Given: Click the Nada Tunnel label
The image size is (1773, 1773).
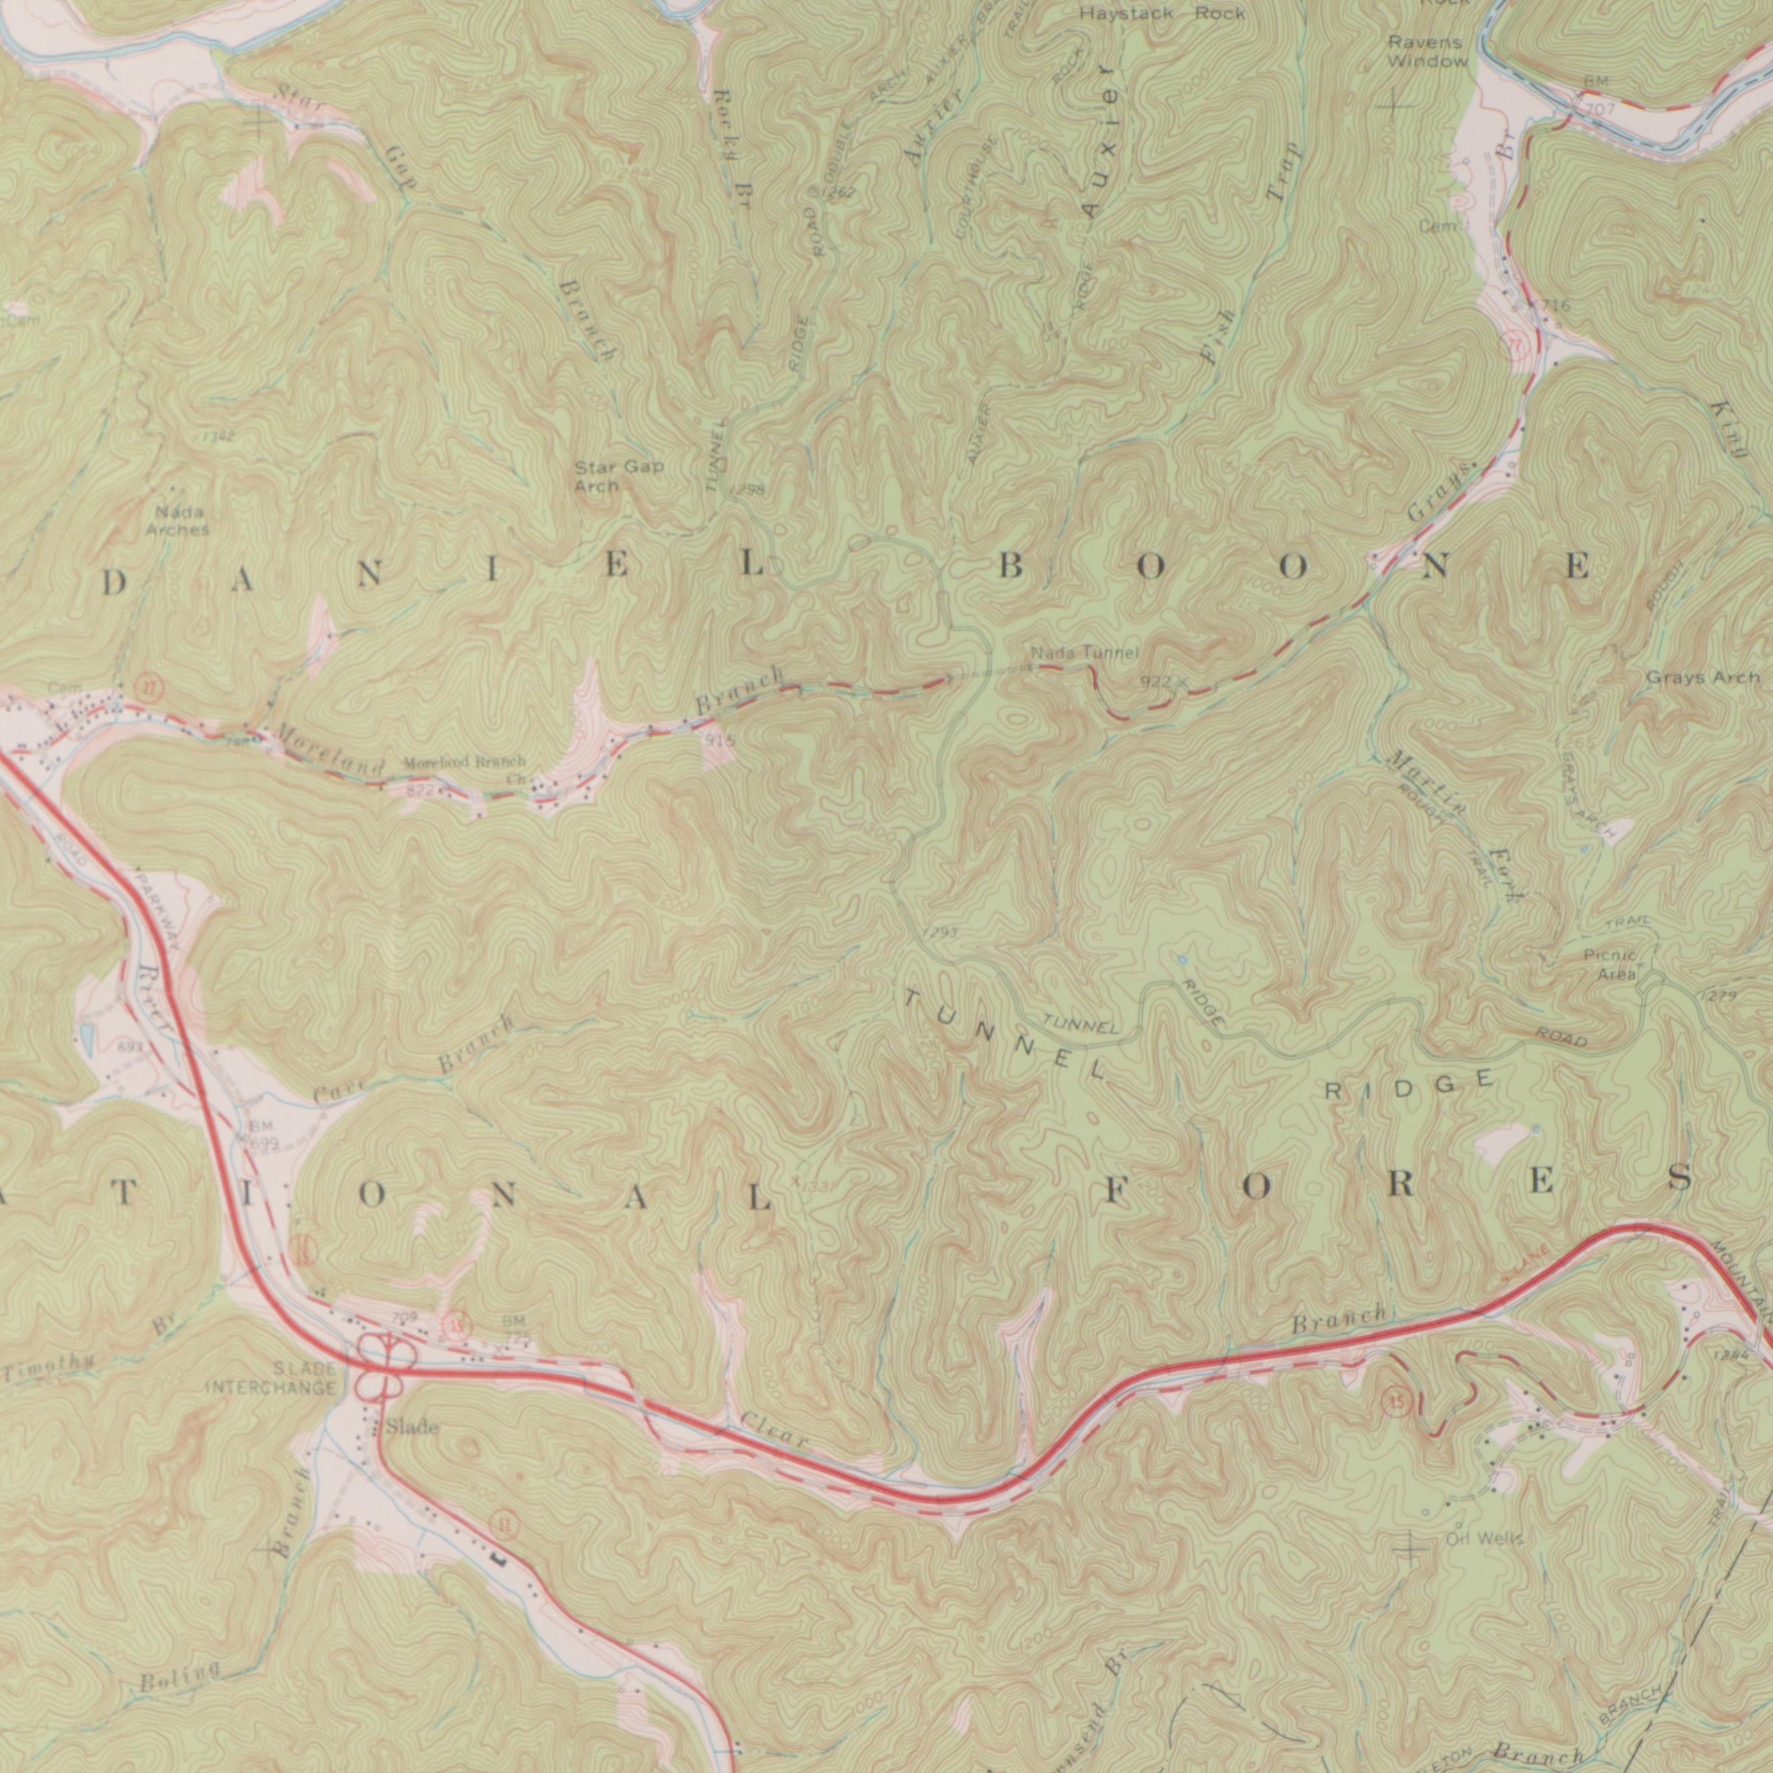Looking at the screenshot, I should coord(1084,654).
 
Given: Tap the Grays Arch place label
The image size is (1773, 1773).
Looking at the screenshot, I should coord(1702,678).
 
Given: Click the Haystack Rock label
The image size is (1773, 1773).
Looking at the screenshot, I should coord(1162,14).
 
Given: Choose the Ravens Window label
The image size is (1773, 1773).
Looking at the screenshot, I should coord(1427,52).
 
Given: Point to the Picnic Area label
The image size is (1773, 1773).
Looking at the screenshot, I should coord(1611,965).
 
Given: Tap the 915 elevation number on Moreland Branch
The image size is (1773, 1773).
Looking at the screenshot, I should coord(718,739).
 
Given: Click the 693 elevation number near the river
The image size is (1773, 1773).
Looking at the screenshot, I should coord(130,1047).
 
